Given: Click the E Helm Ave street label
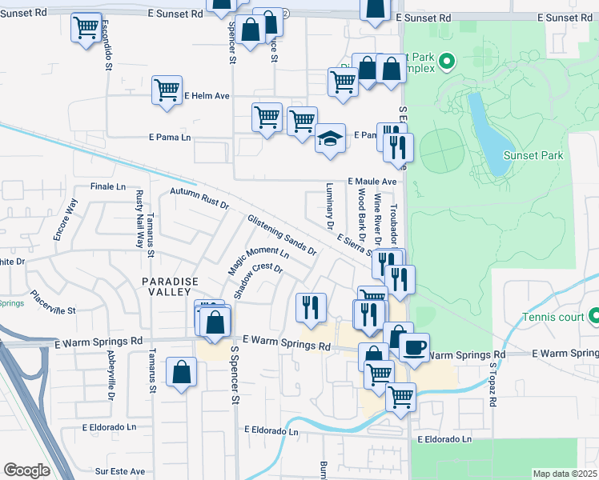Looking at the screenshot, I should tap(207, 96).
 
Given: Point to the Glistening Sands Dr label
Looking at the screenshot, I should tap(282, 234).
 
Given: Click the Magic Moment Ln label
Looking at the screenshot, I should tap(258, 262).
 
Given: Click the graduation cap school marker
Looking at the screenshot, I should tap(329, 138).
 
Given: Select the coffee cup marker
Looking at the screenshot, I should tap(414, 348).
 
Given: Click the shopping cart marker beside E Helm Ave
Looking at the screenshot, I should tap(167, 90).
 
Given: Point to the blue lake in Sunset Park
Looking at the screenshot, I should tap(488, 136).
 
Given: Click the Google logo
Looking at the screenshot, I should tap(26, 470).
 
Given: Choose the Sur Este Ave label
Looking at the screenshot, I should tap(120, 471).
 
